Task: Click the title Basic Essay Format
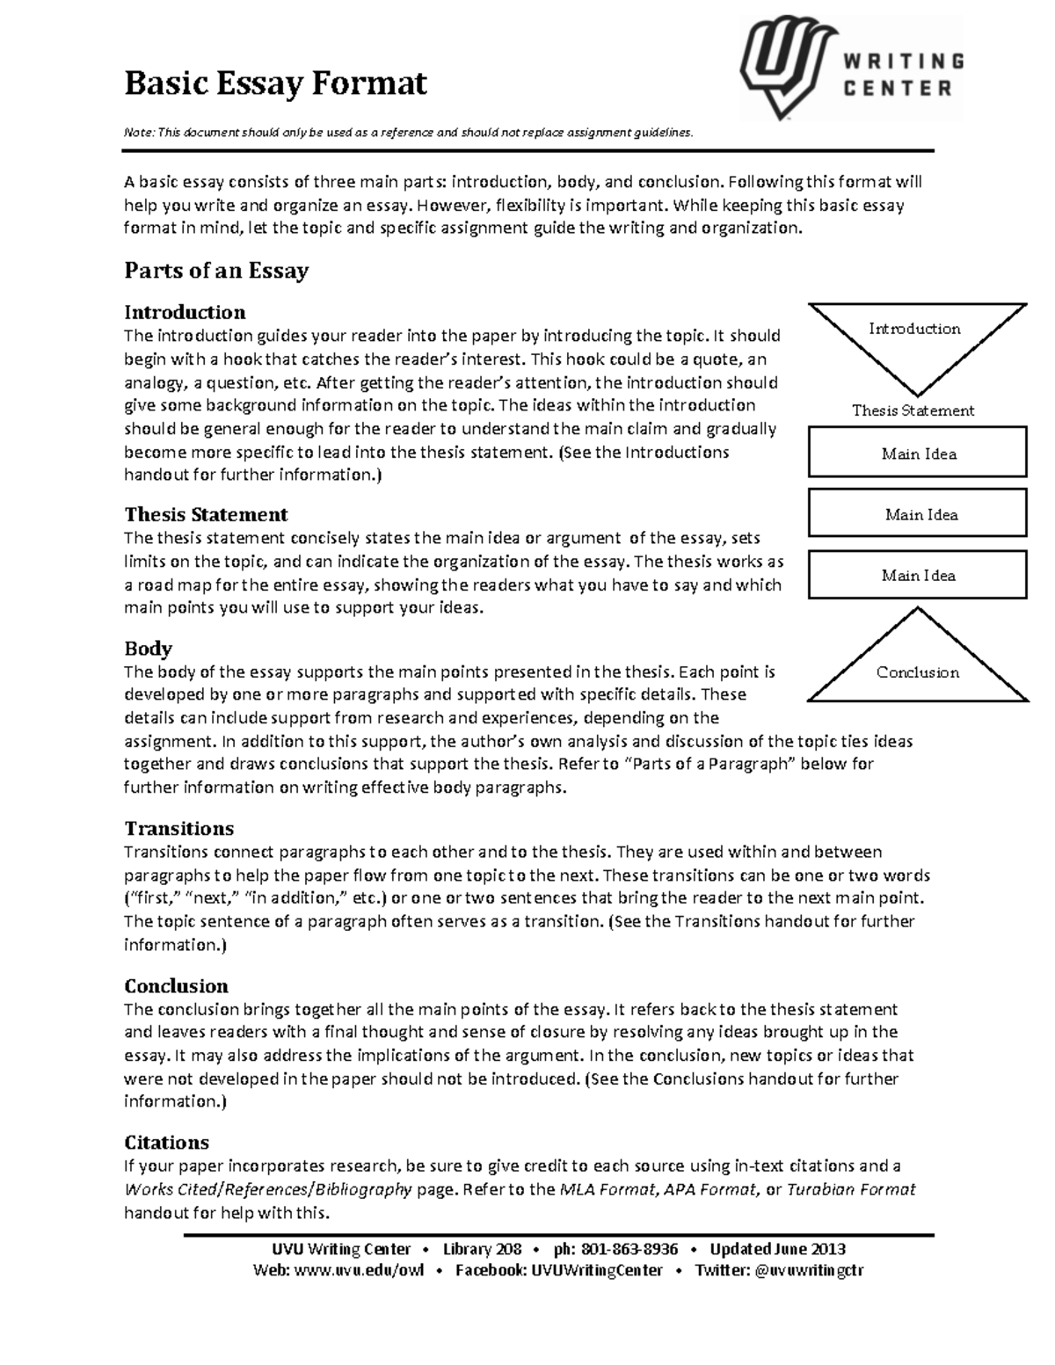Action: point(275,83)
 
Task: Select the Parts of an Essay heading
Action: point(215,271)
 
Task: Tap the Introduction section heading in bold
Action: point(185,312)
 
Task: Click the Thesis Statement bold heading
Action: point(206,514)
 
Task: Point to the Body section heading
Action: point(148,649)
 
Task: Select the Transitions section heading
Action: point(178,828)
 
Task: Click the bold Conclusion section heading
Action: point(176,985)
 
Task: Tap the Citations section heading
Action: point(166,1143)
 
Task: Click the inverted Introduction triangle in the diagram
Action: point(916,338)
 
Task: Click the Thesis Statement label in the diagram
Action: point(913,410)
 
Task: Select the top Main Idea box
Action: point(917,453)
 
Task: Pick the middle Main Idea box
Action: point(917,514)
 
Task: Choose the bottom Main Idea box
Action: point(917,575)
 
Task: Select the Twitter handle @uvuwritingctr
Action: point(809,1270)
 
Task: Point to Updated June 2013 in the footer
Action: point(777,1249)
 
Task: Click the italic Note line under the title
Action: point(408,133)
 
